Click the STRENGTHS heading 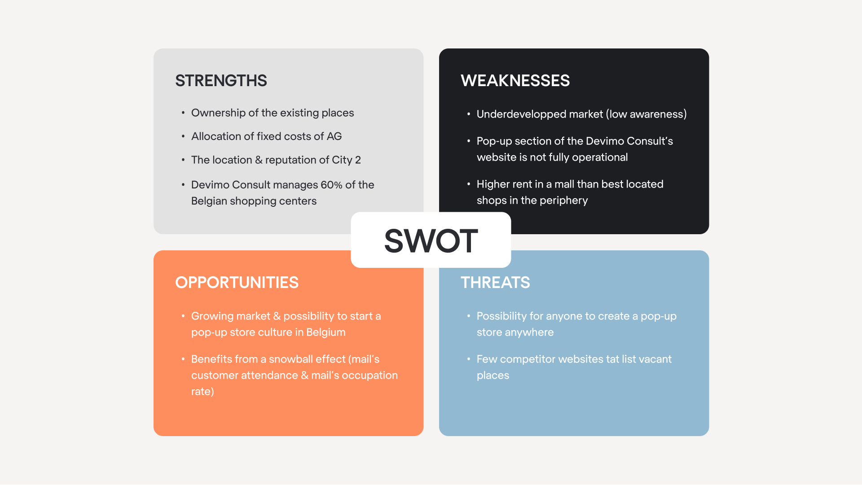[x=221, y=81]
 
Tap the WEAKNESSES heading [x=515, y=81]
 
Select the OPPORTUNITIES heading [x=237, y=283]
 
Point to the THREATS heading [x=495, y=283]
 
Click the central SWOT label [x=431, y=240]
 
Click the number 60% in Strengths [x=331, y=185]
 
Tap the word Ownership [x=218, y=113]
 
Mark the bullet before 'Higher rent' [x=468, y=184]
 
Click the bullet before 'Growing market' [x=183, y=316]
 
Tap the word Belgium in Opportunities [x=325, y=332]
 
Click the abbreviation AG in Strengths [x=334, y=136]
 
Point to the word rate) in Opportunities [x=202, y=392]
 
